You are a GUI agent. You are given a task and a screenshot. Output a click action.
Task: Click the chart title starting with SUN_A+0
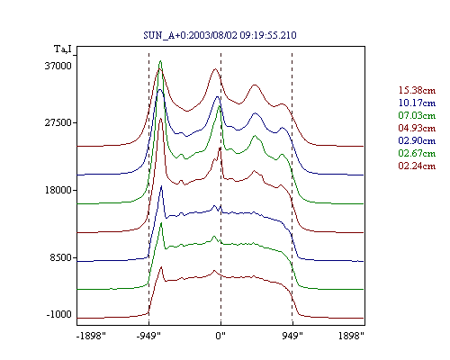pyautogui.click(x=220, y=35)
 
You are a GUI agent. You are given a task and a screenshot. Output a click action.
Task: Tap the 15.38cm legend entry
pyautogui.click(x=417, y=90)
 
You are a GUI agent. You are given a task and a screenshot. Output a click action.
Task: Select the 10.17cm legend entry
pyautogui.click(x=417, y=103)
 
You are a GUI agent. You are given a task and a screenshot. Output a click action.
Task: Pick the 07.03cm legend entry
pyautogui.click(x=417, y=115)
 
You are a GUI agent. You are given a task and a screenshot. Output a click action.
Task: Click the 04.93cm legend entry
pyautogui.click(x=417, y=128)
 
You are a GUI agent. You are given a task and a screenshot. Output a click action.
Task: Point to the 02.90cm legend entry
pyautogui.click(x=417, y=140)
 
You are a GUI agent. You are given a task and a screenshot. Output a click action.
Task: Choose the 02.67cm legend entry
pyautogui.click(x=417, y=153)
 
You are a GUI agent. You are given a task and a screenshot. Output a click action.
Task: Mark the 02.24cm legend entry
pyautogui.click(x=417, y=166)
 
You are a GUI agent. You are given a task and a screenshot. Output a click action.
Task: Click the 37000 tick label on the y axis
pyautogui.click(x=58, y=66)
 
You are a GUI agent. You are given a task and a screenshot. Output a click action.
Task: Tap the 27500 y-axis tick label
pyautogui.click(x=58, y=122)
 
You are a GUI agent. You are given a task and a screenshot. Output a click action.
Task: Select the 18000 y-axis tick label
pyautogui.click(x=58, y=190)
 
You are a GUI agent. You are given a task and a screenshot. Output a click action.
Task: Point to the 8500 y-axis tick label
pyautogui.click(x=61, y=257)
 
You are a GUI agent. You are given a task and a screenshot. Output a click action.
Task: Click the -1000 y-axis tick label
pyautogui.click(x=59, y=314)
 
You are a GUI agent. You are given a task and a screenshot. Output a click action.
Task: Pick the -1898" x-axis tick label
pyautogui.click(x=92, y=336)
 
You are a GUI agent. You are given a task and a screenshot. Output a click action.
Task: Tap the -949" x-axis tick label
pyautogui.click(x=148, y=336)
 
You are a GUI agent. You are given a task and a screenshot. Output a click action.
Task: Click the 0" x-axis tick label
pyautogui.click(x=220, y=336)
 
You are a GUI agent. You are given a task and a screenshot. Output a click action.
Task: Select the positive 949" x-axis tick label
pyautogui.click(x=292, y=336)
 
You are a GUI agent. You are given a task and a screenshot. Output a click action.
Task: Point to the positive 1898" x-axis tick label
pyautogui.click(x=351, y=336)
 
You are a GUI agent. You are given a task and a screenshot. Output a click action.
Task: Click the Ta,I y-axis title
pyautogui.click(x=63, y=49)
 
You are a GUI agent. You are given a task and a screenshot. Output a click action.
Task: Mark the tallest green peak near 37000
pyautogui.click(x=160, y=61)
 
